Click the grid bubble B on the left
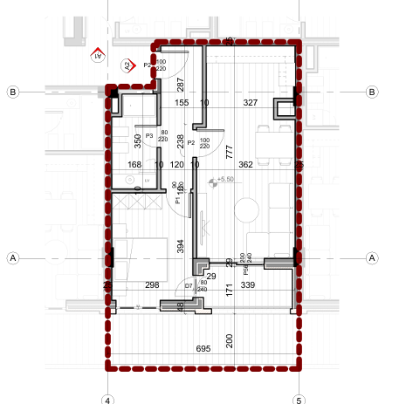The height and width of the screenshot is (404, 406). pos(12,91)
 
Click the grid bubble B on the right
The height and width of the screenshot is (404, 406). pos(373,91)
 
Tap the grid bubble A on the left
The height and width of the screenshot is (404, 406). pos(12,257)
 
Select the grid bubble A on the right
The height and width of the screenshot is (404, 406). pos(373,257)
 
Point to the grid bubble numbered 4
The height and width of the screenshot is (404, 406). pos(107,399)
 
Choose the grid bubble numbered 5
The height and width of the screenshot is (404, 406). pos(299,399)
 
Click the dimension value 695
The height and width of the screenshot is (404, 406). pos(203,349)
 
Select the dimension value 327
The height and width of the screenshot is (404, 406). pos(251,103)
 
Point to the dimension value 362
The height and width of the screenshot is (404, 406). pos(246,164)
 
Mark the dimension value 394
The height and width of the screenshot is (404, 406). pos(181,247)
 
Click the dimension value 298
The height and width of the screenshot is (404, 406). pos(152,285)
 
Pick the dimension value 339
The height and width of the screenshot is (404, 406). pos(247,285)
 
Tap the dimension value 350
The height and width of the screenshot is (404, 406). pos(137,142)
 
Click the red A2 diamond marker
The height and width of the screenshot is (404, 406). pos(127,65)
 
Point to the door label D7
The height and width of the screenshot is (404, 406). pos(189,285)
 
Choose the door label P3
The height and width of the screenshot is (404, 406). pos(149,136)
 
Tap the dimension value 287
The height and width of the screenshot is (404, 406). pos(181,85)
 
